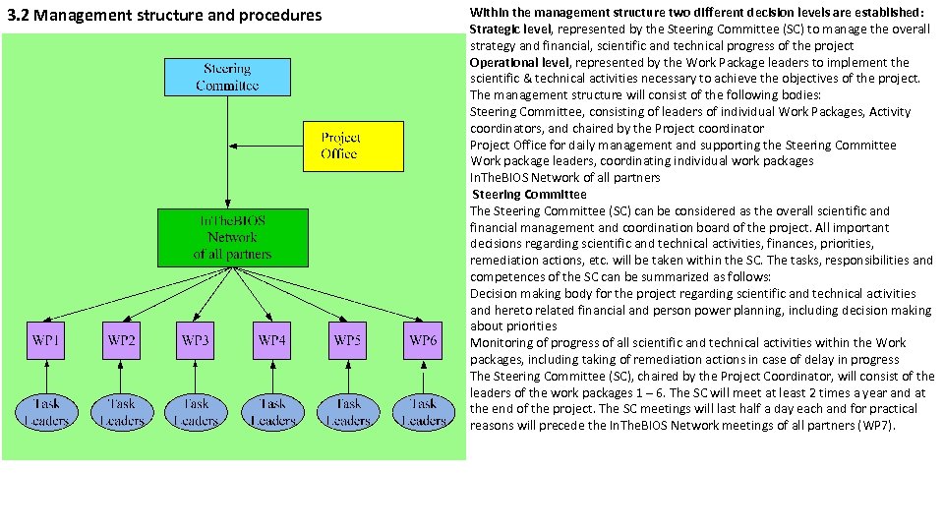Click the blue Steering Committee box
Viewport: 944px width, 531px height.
227,78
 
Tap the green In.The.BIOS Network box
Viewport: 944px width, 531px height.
232,237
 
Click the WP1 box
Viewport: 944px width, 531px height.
46,340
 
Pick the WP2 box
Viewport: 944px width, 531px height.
122,340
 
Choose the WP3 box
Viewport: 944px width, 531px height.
196,340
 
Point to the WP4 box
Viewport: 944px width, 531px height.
272,340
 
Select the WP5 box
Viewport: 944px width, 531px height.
347,340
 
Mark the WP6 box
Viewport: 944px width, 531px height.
424,340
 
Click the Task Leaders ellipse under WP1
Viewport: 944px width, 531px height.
46,412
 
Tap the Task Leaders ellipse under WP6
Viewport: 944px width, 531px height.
424,412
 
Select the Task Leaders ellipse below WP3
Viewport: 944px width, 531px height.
196,412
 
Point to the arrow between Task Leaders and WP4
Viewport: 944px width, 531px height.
272,378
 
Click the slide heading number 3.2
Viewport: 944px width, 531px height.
18,15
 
